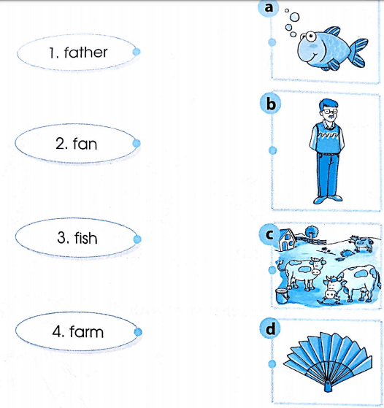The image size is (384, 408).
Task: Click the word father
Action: (x=85, y=53)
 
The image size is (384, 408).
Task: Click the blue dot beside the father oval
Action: (x=137, y=52)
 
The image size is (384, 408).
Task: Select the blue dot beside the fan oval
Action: (x=137, y=145)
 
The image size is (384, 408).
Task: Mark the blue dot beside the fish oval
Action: (x=137, y=239)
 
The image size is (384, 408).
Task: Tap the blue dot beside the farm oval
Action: (x=137, y=333)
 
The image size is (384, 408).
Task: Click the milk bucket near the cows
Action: (x=278, y=295)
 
